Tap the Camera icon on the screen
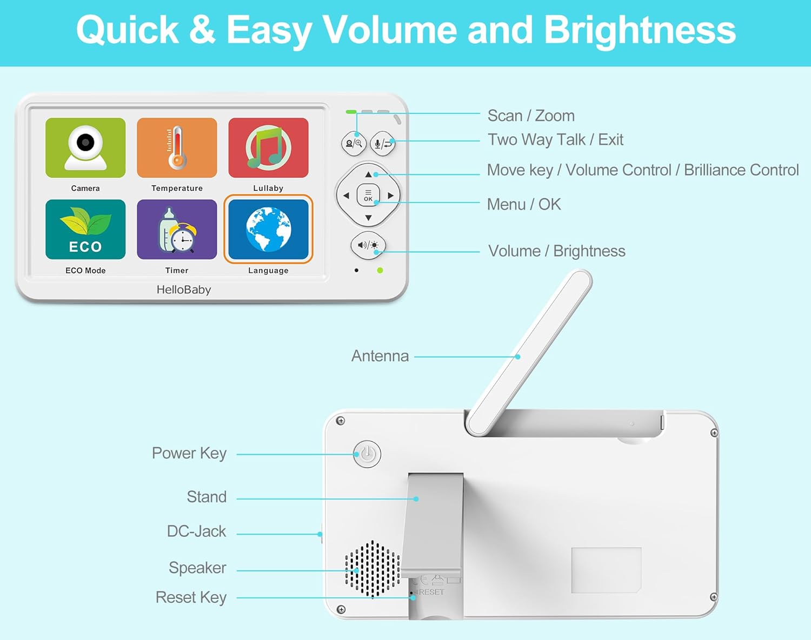(x=85, y=147)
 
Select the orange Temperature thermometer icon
(x=177, y=147)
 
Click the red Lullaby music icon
(x=268, y=147)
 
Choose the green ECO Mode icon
(x=85, y=230)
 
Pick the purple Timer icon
(x=177, y=230)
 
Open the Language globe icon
(x=268, y=230)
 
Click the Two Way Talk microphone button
(x=383, y=144)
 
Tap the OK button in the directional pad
(x=368, y=196)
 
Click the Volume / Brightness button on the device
(x=368, y=245)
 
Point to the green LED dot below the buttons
(x=380, y=270)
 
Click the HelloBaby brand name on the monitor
(x=184, y=289)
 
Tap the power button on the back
(x=367, y=454)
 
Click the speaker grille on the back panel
(x=373, y=569)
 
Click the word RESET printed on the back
(x=431, y=592)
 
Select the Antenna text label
(x=380, y=356)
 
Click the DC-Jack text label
(x=196, y=531)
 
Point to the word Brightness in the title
(x=640, y=30)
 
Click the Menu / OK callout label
(x=524, y=204)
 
